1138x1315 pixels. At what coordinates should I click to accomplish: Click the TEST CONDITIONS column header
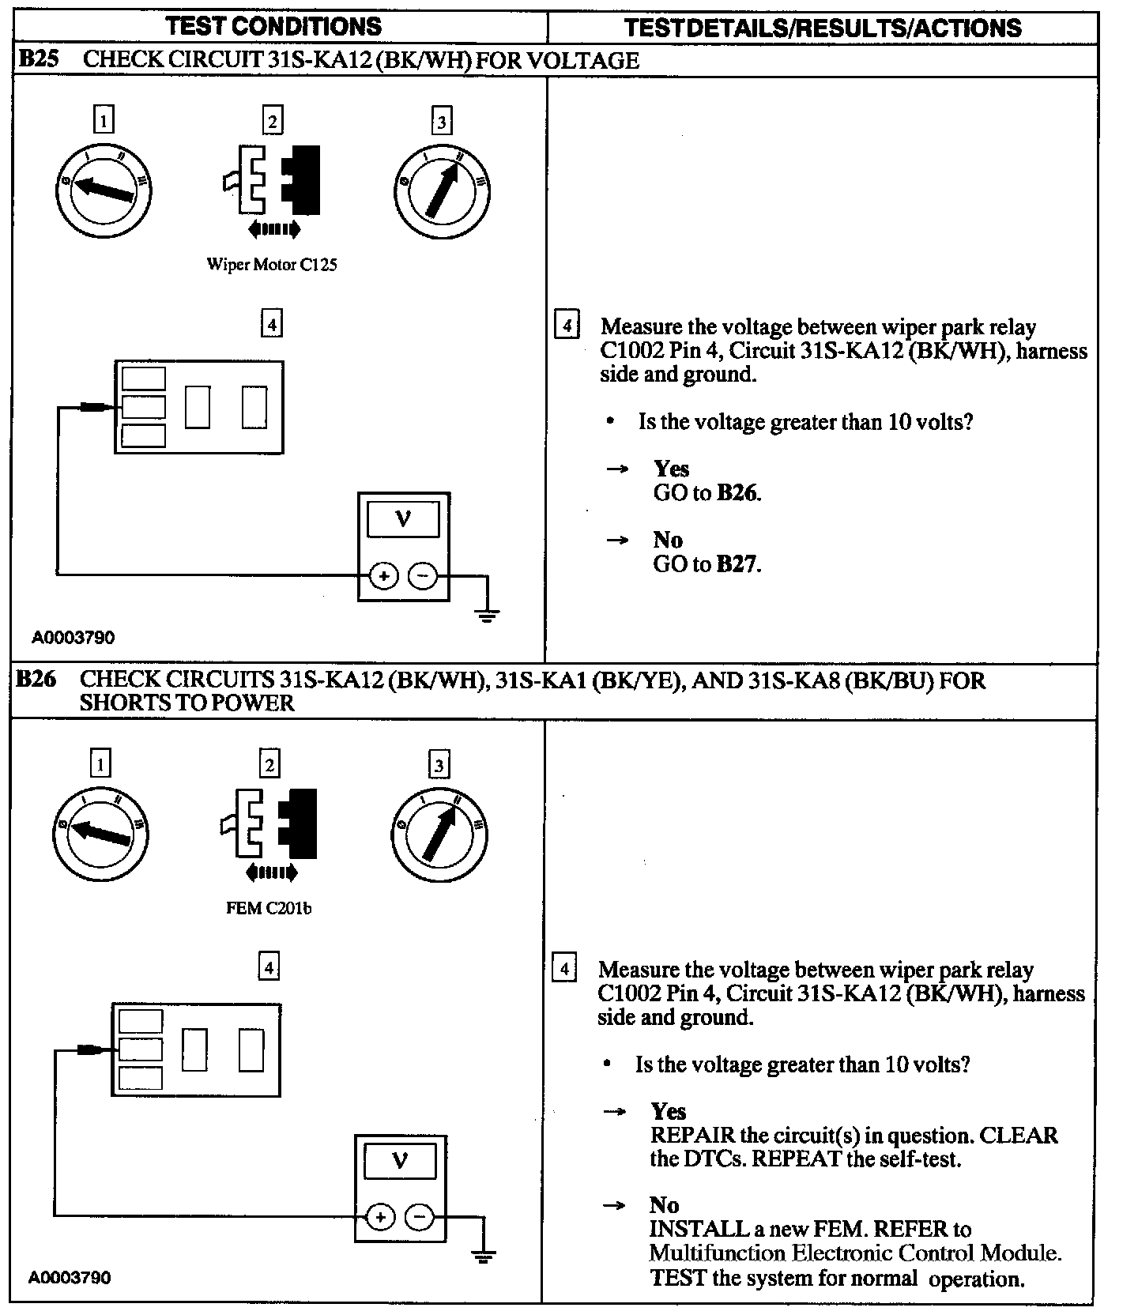coord(273,26)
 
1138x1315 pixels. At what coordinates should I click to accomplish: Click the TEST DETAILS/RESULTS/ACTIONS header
coord(822,28)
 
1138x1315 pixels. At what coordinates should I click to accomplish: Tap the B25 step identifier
coord(38,59)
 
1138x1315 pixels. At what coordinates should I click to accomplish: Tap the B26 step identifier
coord(36,680)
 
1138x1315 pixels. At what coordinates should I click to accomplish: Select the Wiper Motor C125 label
coord(272,265)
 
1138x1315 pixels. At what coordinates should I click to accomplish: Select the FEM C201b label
coord(269,908)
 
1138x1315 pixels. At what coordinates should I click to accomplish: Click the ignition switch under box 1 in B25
coord(104,190)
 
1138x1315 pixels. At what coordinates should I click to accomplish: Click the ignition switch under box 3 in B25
coord(441,190)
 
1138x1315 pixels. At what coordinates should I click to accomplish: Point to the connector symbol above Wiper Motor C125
coord(272,182)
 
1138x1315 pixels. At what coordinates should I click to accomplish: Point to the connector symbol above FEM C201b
coord(269,825)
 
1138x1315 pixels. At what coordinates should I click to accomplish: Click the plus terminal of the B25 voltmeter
coord(383,577)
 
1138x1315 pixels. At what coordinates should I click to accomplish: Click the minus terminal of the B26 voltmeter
coord(419,1218)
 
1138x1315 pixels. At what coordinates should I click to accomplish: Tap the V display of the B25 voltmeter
coord(403,520)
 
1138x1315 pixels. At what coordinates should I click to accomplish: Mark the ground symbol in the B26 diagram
coord(483,1255)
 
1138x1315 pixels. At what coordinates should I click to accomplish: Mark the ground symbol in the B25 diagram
coord(487,614)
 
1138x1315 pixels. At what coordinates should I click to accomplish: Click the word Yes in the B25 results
coord(671,469)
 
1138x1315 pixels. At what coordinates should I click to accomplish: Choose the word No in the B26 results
coord(664,1204)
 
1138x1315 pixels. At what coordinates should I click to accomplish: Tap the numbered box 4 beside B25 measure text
coord(566,326)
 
